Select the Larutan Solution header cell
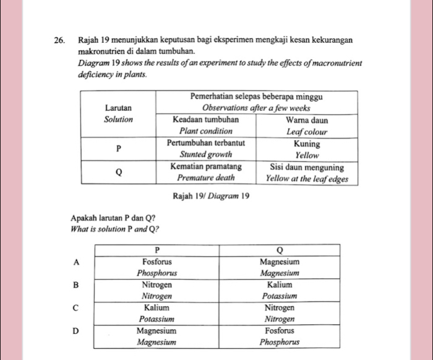(x=119, y=113)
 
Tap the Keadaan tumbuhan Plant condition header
(x=206, y=125)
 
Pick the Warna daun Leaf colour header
(x=307, y=125)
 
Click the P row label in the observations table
(x=119, y=149)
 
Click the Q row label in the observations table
(x=119, y=173)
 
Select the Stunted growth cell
(x=206, y=148)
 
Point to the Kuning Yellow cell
(x=307, y=148)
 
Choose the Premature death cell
(x=206, y=173)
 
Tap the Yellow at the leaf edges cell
(x=307, y=173)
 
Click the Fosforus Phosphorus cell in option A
(x=156, y=267)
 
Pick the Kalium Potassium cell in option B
(x=280, y=290)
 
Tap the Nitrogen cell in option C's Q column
(x=280, y=313)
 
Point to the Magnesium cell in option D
(x=156, y=336)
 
